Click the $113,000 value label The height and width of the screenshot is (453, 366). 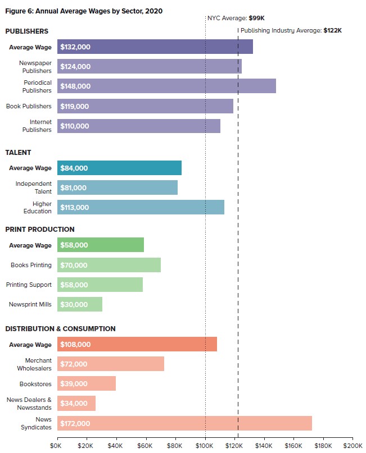pyautogui.click(x=75, y=208)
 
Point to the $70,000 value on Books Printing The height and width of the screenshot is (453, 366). pyautogui.click(x=74, y=265)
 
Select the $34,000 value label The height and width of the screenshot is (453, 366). pyautogui.click(x=74, y=403)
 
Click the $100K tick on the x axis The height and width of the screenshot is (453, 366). pyautogui.click(x=204, y=445)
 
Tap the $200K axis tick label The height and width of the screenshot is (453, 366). pyautogui.click(x=353, y=445)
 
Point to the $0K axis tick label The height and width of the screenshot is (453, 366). pyautogui.click(x=56, y=445)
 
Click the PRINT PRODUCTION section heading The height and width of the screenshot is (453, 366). pyautogui.click(x=40, y=230)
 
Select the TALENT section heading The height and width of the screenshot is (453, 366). pyautogui.click(x=18, y=152)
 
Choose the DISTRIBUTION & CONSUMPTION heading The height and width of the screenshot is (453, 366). pyautogui.click(x=61, y=328)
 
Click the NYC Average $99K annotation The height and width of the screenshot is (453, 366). pyautogui.click(x=236, y=18)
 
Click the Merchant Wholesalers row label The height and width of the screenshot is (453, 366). pyautogui.click(x=38, y=364)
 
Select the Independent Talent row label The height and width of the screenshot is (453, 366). pyautogui.click(x=34, y=187)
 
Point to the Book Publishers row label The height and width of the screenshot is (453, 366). pyautogui.click(x=29, y=106)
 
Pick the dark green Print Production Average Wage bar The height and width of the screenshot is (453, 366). pyautogui.click(x=101, y=245)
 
